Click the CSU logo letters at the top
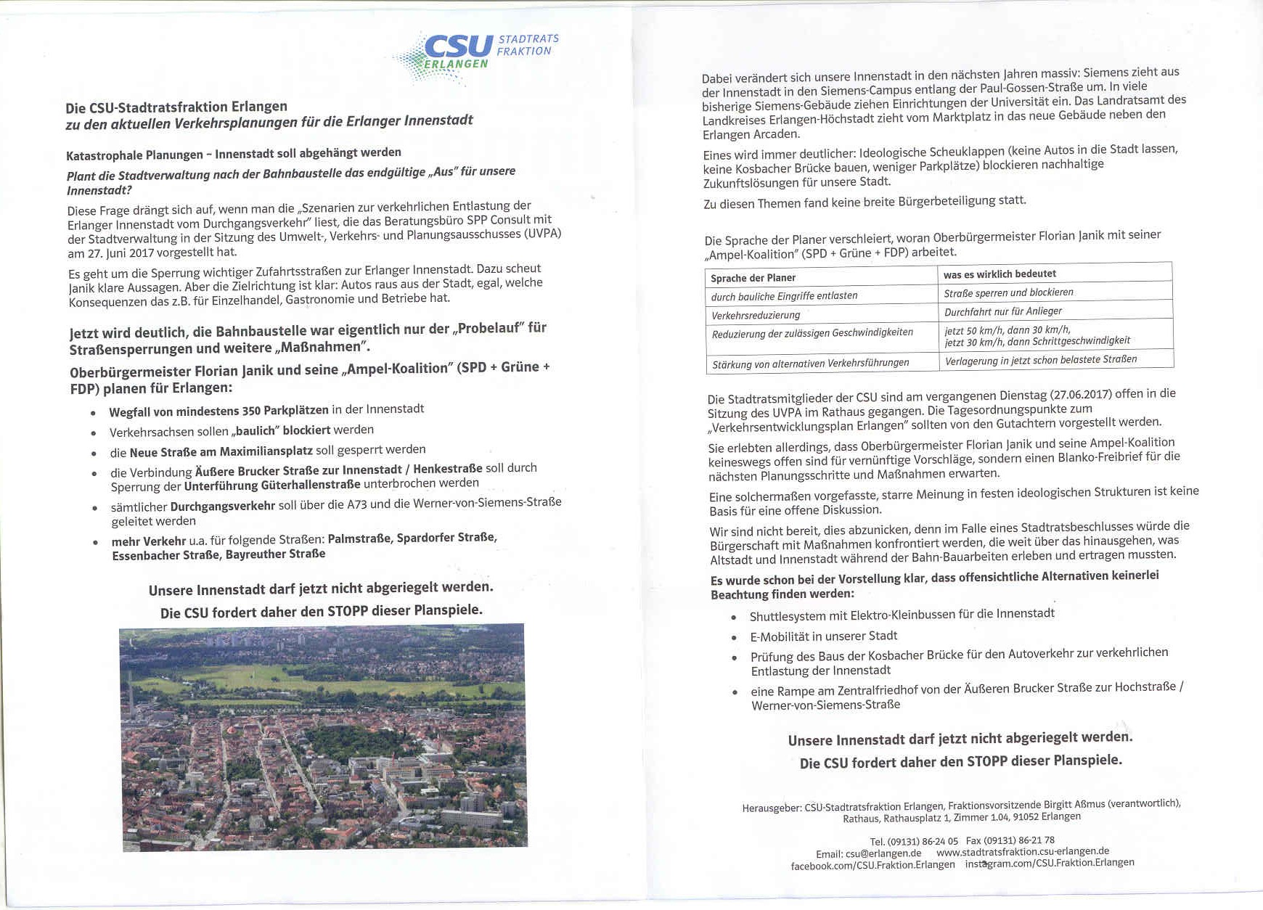(x=458, y=46)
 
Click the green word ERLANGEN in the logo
(x=455, y=64)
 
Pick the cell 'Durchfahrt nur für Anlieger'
(x=1002, y=311)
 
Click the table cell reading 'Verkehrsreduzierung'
(x=756, y=315)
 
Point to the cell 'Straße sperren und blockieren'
(x=1008, y=292)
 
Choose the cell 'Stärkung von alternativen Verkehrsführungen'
(x=810, y=363)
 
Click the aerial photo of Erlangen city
(x=324, y=736)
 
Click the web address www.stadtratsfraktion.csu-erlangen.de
(x=1022, y=851)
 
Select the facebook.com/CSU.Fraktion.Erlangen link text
(x=872, y=864)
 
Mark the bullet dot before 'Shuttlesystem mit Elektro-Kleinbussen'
(x=734, y=618)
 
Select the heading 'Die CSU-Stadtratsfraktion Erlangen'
(x=176, y=107)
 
